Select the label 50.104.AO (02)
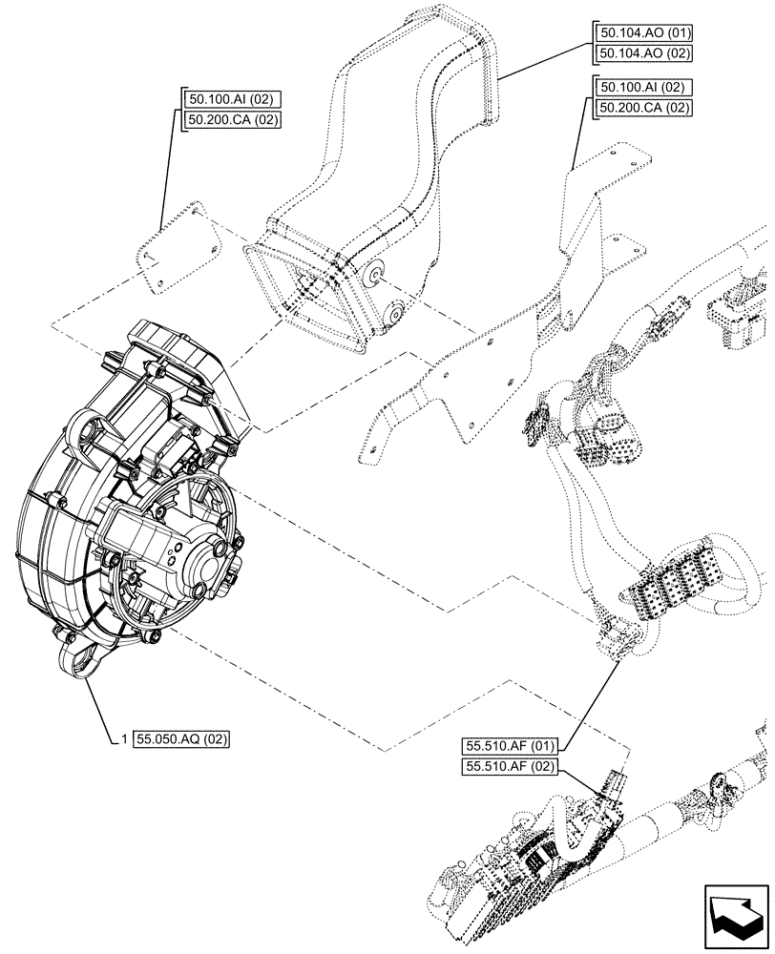click(x=640, y=54)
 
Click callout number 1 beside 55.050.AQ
click(x=125, y=738)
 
